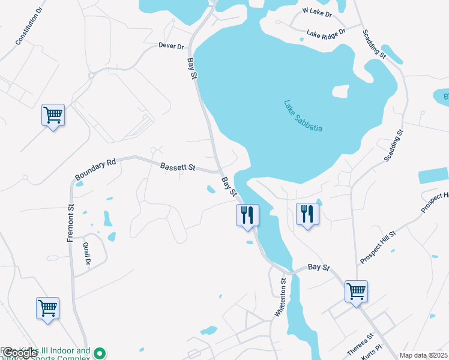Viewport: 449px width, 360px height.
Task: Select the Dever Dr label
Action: pos(171,46)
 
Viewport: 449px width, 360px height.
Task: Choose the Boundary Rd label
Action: pos(95,170)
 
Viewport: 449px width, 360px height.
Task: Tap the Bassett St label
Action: pos(178,167)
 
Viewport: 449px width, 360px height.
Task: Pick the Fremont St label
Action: pos(71,224)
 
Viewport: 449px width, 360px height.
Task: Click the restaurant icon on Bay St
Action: pos(247,215)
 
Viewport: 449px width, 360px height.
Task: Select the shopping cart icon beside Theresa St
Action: pos(356,292)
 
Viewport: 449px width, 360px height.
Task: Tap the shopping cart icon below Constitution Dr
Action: pos(53,115)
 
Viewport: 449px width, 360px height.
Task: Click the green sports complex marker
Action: pos(101,355)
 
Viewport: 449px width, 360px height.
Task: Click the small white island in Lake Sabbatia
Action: pos(340,91)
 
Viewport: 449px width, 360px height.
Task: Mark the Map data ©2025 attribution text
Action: pos(423,355)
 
